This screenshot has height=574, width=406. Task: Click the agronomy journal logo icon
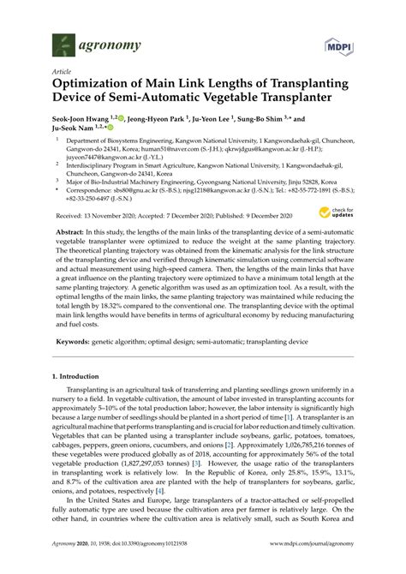[63, 43]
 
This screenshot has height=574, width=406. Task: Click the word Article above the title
[62, 71]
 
